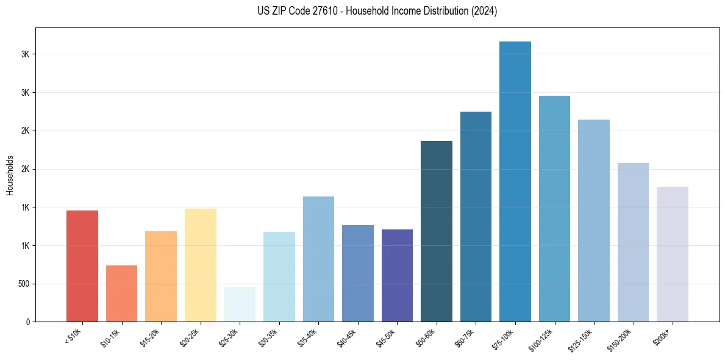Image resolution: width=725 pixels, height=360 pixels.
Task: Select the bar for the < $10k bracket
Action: click(82, 266)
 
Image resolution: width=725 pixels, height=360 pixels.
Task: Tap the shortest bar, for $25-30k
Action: click(240, 304)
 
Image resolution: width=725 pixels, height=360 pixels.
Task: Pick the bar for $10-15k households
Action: click(121, 293)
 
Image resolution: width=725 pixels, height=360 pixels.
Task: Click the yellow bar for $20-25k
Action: click(201, 265)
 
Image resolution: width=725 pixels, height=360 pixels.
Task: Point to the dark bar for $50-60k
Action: click(437, 231)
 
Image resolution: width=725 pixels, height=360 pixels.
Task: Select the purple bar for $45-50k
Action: click(397, 275)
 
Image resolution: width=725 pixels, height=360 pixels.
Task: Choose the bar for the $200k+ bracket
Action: click(673, 254)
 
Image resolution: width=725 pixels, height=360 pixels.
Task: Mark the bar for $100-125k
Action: click(554, 209)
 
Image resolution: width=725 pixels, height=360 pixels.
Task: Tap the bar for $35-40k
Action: click(318, 259)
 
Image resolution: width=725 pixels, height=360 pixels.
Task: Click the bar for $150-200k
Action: click(633, 242)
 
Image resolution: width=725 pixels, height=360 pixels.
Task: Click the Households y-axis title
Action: click(10, 175)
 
